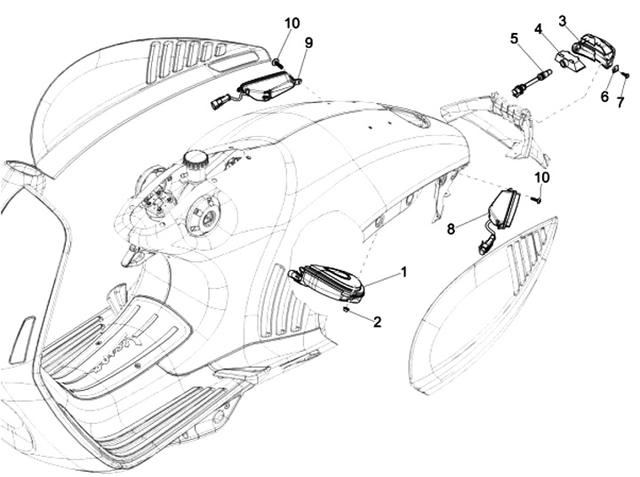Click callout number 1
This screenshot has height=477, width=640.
click(x=404, y=272)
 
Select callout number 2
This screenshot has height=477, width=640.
click(x=377, y=322)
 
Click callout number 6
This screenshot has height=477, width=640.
click(x=605, y=95)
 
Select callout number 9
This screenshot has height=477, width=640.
click(x=308, y=42)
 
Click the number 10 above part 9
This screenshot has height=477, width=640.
click(x=292, y=22)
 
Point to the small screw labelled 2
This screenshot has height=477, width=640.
click(x=347, y=309)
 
